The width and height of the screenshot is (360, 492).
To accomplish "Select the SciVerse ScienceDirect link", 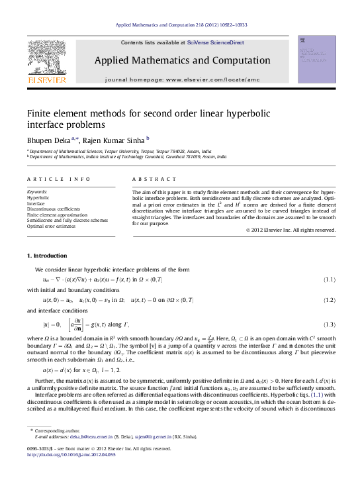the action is tap(215, 42).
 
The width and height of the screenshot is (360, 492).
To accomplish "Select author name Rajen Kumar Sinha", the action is tap(115, 140).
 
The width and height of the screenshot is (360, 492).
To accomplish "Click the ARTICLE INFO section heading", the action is tap(50, 179).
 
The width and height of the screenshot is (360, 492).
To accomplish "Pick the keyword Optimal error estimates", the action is tap(52, 226).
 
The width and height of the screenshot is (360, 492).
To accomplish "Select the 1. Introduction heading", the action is tap(46, 256).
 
